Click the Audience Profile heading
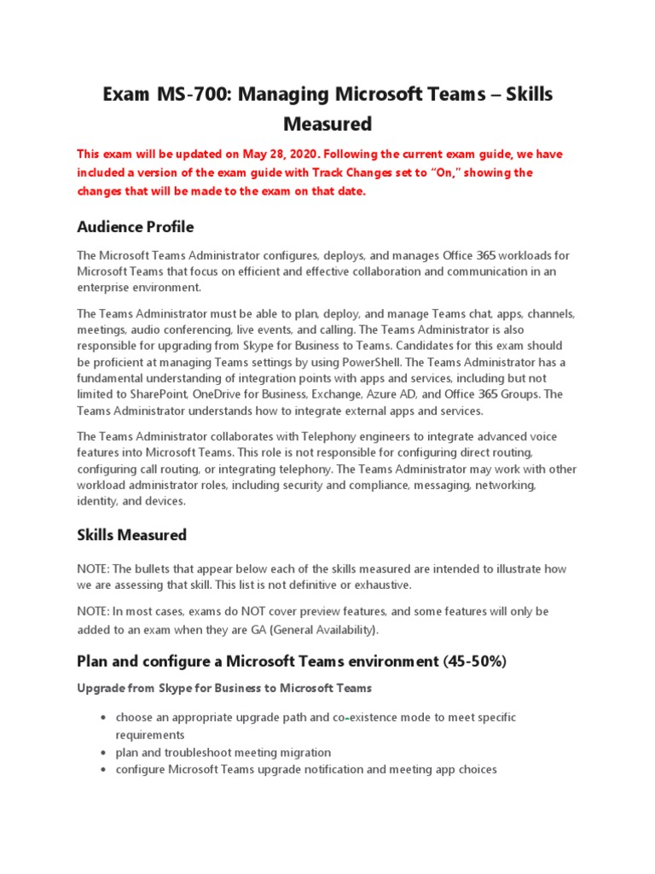tap(135, 227)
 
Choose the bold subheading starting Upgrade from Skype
tap(224, 688)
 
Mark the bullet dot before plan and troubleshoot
tap(102, 753)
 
